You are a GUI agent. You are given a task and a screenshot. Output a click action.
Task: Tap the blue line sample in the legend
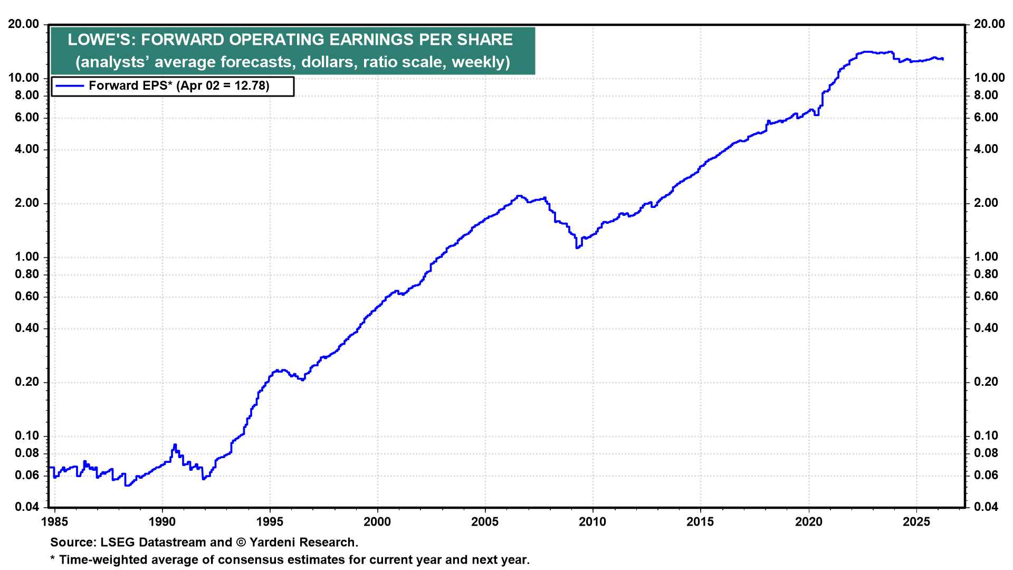pyautogui.click(x=69, y=86)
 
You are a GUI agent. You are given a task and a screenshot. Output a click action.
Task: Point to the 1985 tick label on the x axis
pyautogui.click(x=54, y=521)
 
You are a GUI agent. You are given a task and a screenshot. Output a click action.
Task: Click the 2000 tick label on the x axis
pyautogui.click(x=377, y=521)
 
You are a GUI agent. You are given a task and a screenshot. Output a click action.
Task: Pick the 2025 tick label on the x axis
pyautogui.click(x=916, y=521)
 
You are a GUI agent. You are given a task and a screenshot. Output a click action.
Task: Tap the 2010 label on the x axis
pyautogui.click(x=592, y=521)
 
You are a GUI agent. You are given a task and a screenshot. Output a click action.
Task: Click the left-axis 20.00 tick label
pyautogui.click(x=24, y=24)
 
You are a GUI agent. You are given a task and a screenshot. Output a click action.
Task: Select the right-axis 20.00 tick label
pyautogui.click(x=989, y=24)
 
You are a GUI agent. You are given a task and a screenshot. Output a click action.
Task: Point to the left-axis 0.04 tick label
pyautogui.click(x=27, y=507)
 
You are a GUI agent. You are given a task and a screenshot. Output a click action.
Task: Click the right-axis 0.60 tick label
pyautogui.click(x=986, y=296)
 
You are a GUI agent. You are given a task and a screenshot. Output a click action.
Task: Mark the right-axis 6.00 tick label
pyautogui.click(x=986, y=117)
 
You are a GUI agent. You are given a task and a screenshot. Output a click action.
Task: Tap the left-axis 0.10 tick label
pyautogui.click(x=27, y=435)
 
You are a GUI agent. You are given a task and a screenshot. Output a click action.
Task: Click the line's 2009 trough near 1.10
pyautogui.click(x=577, y=247)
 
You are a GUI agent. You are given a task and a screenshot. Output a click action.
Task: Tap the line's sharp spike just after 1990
pyautogui.click(x=175, y=445)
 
